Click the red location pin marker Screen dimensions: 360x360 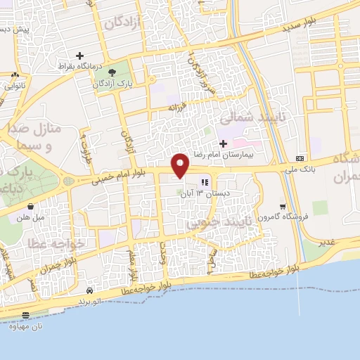[181, 165]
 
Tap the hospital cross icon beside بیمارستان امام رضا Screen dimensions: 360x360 [223, 143]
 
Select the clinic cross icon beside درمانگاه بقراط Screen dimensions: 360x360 [79, 56]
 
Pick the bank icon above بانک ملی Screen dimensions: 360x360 [300, 157]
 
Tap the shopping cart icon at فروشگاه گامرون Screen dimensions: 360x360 [283, 207]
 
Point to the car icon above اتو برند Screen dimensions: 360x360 [89, 290]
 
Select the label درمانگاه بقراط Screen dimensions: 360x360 [81, 65]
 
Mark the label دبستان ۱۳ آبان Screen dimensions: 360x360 [202, 191]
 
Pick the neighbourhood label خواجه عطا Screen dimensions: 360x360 [57, 243]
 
